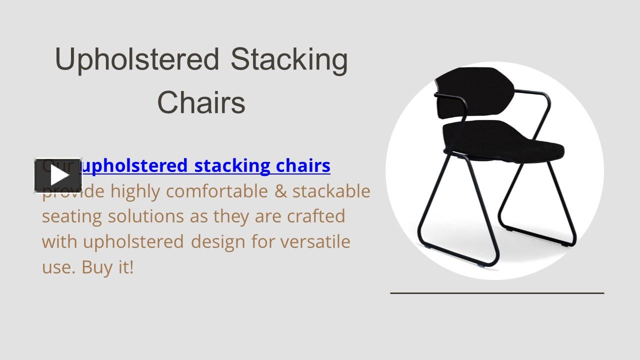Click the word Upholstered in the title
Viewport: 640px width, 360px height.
click(137, 59)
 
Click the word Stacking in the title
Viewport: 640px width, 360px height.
click(289, 59)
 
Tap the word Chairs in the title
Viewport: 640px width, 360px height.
click(201, 102)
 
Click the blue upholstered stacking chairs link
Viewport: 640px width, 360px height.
click(205, 165)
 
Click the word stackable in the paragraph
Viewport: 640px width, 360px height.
click(331, 191)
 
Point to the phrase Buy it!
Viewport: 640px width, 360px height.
click(108, 267)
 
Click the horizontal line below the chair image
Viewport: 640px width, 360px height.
click(497, 293)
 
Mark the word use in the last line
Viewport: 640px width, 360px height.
click(57, 267)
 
